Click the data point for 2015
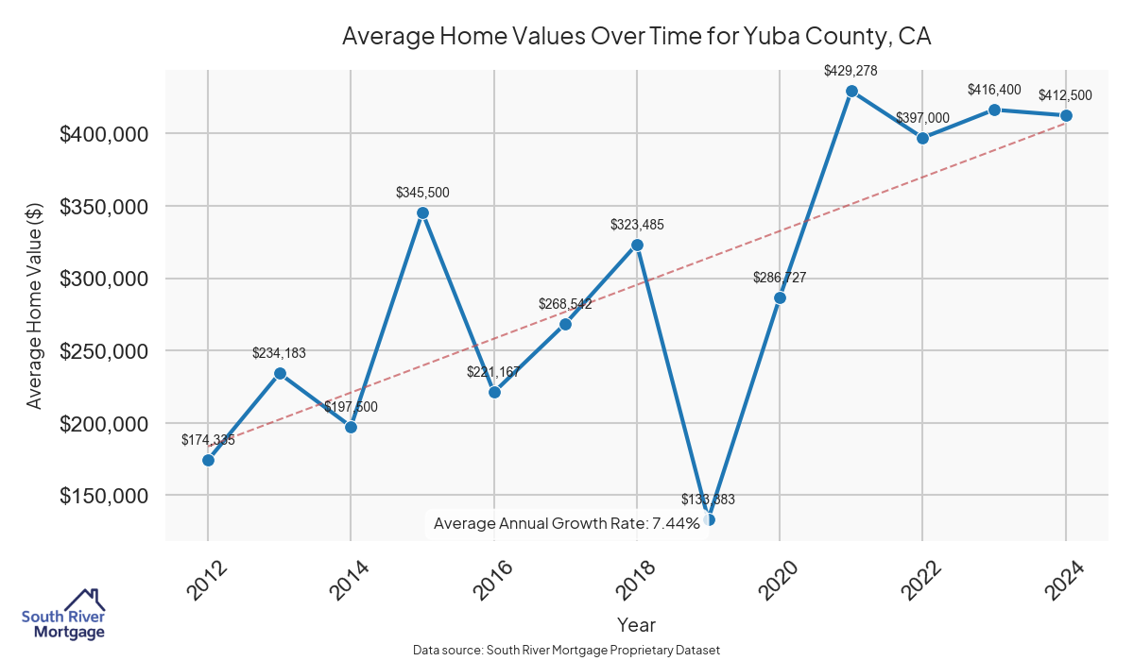(422, 212)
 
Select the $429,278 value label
(850, 70)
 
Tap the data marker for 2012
(208, 460)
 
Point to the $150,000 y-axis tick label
(103, 496)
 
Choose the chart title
(636, 37)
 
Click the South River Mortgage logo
(63, 613)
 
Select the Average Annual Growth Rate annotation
(566, 523)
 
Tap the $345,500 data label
(422, 193)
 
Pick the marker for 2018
(637, 245)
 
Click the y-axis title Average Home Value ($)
(34, 305)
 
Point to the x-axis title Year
(636, 624)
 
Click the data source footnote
(566, 651)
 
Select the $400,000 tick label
(103, 134)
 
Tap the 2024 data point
(1066, 115)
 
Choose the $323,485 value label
(637, 225)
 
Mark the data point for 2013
(280, 373)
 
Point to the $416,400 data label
(994, 90)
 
